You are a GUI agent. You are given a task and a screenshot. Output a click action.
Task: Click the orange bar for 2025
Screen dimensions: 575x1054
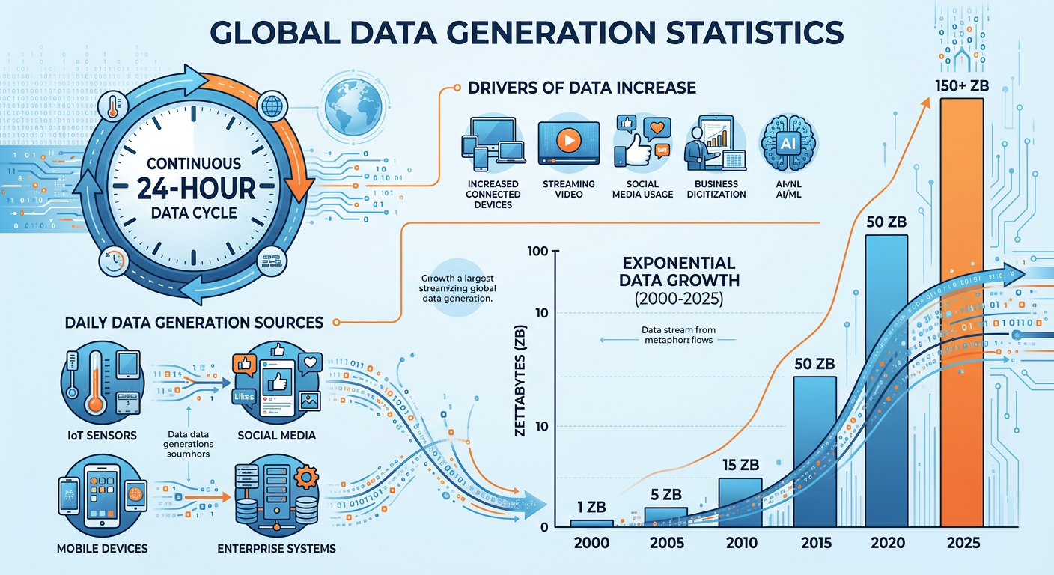pyautogui.click(x=962, y=314)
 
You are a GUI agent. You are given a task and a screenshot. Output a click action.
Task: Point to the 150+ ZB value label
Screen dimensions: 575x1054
pyautogui.click(x=962, y=86)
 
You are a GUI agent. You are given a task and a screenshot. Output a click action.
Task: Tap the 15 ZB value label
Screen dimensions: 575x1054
pyautogui.click(x=740, y=465)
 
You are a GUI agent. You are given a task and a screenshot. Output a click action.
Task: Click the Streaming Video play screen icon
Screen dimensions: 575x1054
pyautogui.click(x=568, y=142)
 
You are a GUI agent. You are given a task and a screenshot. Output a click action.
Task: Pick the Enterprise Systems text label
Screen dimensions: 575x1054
pyautogui.click(x=276, y=549)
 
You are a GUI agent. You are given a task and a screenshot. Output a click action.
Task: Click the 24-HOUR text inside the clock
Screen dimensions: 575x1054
pyautogui.click(x=193, y=187)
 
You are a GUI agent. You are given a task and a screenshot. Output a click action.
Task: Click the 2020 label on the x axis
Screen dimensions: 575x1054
pyautogui.click(x=888, y=543)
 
